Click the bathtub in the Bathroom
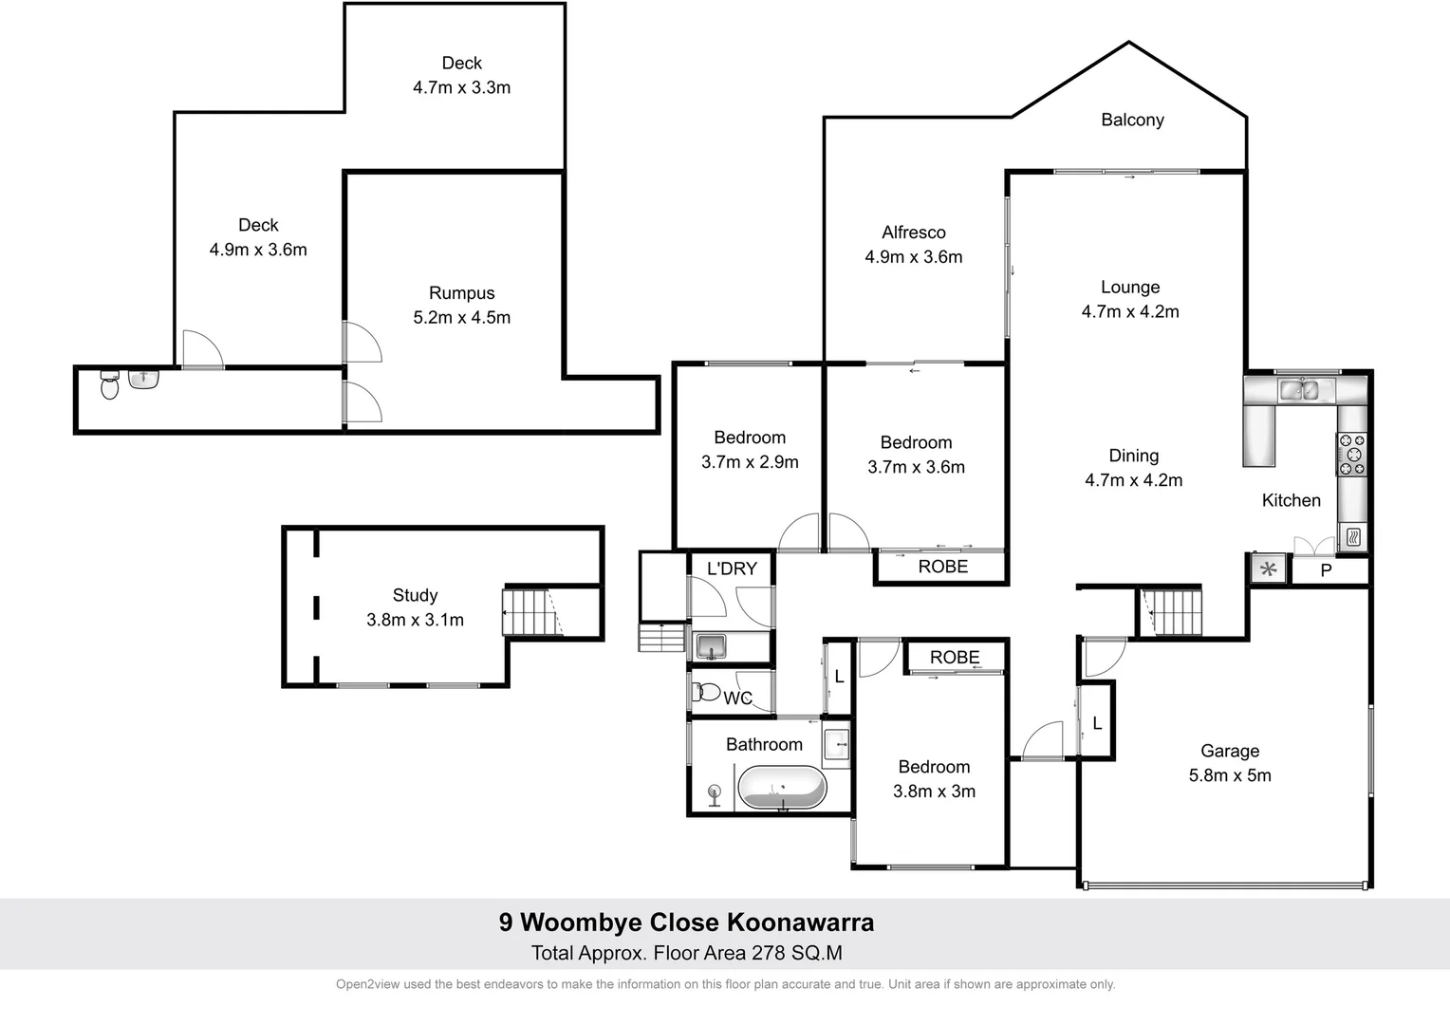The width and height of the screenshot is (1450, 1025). pyautogui.click(x=782, y=788)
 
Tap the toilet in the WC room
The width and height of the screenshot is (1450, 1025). pyautogui.click(x=706, y=691)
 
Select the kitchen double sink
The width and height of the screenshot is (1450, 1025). pyautogui.click(x=1305, y=389)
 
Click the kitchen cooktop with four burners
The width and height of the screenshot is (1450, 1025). pyautogui.click(x=1351, y=454)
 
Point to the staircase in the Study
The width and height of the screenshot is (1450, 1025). pyautogui.click(x=529, y=612)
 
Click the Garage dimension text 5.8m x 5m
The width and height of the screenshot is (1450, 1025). pyautogui.click(x=1230, y=775)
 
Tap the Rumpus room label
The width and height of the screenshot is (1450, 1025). pyautogui.click(x=461, y=293)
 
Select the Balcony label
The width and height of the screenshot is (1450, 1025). pyautogui.click(x=1132, y=120)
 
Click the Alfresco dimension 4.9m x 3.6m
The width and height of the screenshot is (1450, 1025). pyautogui.click(x=913, y=257)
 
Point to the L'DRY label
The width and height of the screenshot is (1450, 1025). pyautogui.click(x=732, y=568)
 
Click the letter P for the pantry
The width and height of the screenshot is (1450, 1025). pyautogui.click(x=1326, y=571)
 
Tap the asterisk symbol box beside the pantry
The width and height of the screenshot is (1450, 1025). pyautogui.click(x=1268, y=569)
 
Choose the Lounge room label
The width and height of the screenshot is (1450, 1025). pyautogui.click(x=1129, y=287)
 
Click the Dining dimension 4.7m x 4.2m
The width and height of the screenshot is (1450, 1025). pyautogui.click(x=1133, y=480)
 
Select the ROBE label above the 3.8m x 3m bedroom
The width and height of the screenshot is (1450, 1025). pyautogui.click(x=954, y=657)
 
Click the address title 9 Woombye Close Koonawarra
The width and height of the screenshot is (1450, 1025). pyautogui.click(x=686, y=922)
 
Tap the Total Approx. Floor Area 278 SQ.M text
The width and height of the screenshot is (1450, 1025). pyautogui.click(x=686, y=953)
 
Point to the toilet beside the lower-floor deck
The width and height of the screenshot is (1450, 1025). pyautogui.click(x=110, y=386)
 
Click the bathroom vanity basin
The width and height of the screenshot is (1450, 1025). pyautogui.click(x=836, y=744)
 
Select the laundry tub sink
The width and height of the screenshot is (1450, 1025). pyautogui.click(x=710, y=647)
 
